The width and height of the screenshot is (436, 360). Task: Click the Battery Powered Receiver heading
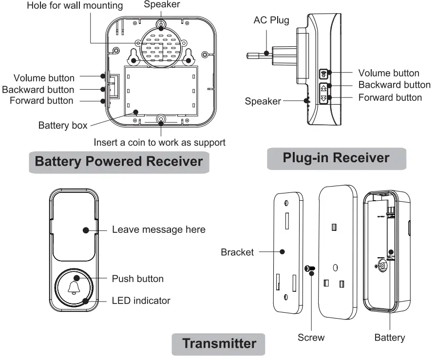pyautogui.click(x=119, y=161)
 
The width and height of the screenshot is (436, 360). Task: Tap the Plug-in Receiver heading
pyautogui.click(x=336, y=158)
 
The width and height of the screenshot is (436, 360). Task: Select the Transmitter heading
pyautogui.click(x=219, y=343)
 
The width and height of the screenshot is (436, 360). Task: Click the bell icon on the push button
pyautogui.click(x=74, y=287)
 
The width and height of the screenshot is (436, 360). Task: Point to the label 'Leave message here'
pyautogui.click(x=158, y=229)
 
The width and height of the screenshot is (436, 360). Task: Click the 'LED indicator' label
pyautogui.click(x=141, y=301)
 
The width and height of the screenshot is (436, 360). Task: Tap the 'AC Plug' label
pyautogui.click(x=271, y=20)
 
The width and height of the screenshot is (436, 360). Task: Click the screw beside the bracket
pyautogui.click(x=310, y=268)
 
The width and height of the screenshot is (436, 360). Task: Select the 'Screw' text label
pyautogui.click(x=311, y=338)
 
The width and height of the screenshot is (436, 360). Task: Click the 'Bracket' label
pyautogui.click(x=237, y=252)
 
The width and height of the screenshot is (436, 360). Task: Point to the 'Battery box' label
pyautogui.click(x=63, y=125)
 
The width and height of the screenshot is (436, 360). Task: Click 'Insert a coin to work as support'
pyautogui.click(x=159, y=142)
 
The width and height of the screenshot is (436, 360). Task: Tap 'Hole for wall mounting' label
pyautogui.click(x=75, y=5)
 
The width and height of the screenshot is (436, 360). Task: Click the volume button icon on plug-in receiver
pyautogui.click(x=323, y=74)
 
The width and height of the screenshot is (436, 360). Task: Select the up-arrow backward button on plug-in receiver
pyautogui.click(x=323, y=88)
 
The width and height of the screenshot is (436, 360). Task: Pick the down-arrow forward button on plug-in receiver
pyautogui.click(x=323, y=98)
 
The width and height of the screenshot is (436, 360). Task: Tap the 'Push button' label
pyautogui.click(x=138, y=279)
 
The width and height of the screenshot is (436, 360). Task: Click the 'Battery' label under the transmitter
pyautogui.click(x=390, y=338)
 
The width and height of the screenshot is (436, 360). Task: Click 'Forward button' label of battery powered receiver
pyautogui.click(x=41, y=101)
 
